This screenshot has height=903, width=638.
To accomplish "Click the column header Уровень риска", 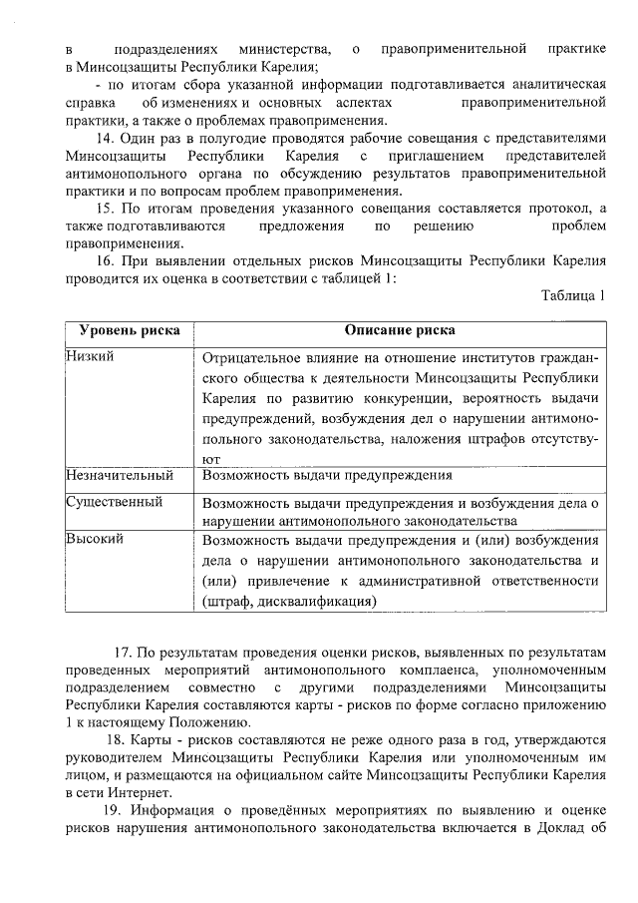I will click(x=123, y=331).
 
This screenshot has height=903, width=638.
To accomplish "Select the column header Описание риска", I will click(x=400, y=331).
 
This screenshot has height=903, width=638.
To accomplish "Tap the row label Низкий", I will click(x=87, y=357).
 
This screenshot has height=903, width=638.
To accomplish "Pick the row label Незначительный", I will click(x=119, y=476).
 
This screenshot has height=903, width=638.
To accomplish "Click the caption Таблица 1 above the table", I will click(x=573, y=296).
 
